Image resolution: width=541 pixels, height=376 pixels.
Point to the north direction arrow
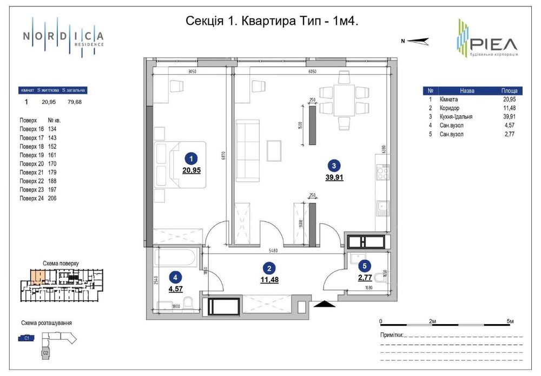point(417,40)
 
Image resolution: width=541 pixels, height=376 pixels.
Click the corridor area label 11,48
point(267,279)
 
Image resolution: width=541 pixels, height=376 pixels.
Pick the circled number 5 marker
point(364,266)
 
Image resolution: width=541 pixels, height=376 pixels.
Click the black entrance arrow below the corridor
point(323,306)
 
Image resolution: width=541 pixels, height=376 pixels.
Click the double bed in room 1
point(180,164)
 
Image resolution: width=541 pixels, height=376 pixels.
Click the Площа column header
point(509,91)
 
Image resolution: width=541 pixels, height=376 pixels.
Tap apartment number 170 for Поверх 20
point(52,164)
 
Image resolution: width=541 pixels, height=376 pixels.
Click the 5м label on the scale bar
point(510,321)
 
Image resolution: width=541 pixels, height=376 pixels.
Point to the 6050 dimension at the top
point(312,71)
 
